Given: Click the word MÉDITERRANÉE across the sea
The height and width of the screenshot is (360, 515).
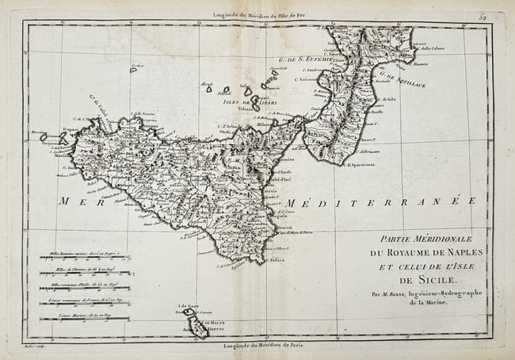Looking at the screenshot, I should pyautogui.click(x=380, y=201).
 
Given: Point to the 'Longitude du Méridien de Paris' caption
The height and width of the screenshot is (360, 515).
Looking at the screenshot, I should pyautogui.click(x=257, y=346).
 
